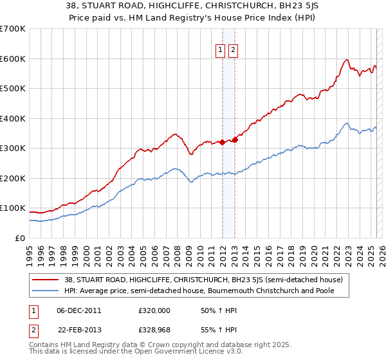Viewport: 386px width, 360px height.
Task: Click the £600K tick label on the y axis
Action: (x=13, y=59)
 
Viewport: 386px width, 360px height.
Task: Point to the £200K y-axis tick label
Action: (x=13, y=178)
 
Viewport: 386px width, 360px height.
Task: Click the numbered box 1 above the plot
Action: (x=220, y=51)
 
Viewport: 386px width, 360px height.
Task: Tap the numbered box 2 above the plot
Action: (x=232, y=51)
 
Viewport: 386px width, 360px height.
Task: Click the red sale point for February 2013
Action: (x=235, y=139)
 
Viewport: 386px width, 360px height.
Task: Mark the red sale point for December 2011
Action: (x=222, y=142)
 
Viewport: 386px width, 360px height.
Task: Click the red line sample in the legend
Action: (x=46, y=280)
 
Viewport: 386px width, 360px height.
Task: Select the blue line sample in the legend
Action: (x=46, y=291)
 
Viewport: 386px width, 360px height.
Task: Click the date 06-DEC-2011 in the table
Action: (x=78, y=310)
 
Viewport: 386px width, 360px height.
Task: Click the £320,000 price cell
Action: (x=154, y=310)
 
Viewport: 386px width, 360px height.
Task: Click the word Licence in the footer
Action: (x=171, y=352)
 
